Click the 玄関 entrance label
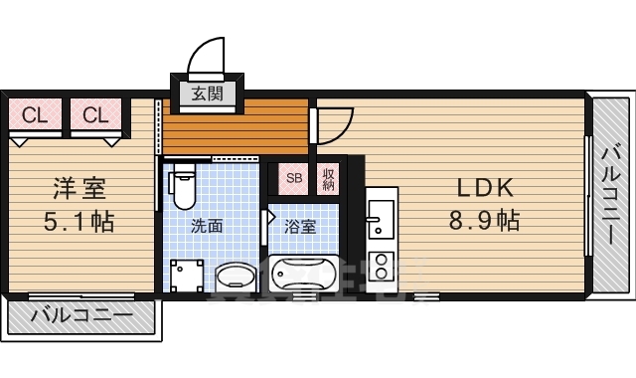pos(208,94)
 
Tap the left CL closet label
pos(35,115)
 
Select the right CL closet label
pos(95,115)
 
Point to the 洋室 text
pos(79,188)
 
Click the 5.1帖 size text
pos(79,222)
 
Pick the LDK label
pos(485,188)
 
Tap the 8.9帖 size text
pos(484,221)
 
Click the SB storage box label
pos(294,178)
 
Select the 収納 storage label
pos(328,179)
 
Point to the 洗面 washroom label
pos(207,226)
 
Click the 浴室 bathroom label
pos(300,227)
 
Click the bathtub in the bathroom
pos(303,274)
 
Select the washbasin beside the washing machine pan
pos(236,278)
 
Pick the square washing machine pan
pos(187,277)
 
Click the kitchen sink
pos(381,220)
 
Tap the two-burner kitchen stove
pos(382,266)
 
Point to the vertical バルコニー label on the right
pos(611,194)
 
